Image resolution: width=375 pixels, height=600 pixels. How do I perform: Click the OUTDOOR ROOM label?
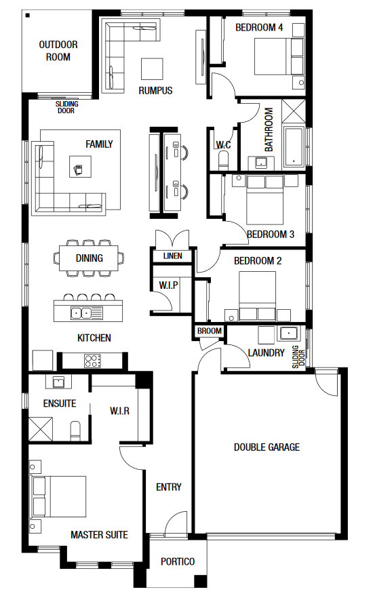tap(58, 51)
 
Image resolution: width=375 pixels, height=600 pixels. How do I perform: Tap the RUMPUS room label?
tap(155, 91)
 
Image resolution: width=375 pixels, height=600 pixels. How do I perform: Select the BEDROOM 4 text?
tap(259, 28)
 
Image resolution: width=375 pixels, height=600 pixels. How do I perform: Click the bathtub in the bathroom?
tap(294, 147)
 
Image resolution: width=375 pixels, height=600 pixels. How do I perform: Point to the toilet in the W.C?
tap(223, 160)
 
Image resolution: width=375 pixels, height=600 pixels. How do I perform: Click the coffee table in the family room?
tap(80, 167)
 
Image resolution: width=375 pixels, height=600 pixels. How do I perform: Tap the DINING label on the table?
tap(89, 258)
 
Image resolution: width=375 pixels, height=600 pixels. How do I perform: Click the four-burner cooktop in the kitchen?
tap(93, 361)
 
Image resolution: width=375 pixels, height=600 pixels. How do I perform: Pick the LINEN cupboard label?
tap(172, 256)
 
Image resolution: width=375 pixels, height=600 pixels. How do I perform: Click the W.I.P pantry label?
tap(168, 285)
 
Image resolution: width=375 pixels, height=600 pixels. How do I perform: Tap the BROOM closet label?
tap(210, 331)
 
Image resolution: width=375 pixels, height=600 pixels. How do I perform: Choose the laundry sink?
tap(288, 334)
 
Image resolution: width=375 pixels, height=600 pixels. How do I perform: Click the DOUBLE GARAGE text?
tap(267, 447)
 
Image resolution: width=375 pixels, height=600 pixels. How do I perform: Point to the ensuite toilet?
tap(76, 431)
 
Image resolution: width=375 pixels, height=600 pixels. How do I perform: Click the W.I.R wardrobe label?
tap(119, 411)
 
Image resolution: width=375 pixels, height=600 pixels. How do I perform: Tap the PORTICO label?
tap(178, 562)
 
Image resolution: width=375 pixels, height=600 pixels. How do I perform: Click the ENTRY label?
tap(168, 487)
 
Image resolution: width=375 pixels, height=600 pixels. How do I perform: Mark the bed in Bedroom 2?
tap(258, 296)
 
